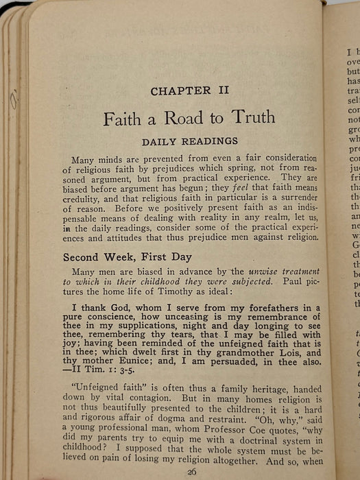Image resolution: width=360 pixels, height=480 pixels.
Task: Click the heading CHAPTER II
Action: click(190, 90)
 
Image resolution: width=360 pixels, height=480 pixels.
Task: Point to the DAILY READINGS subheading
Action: click(190, 141)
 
